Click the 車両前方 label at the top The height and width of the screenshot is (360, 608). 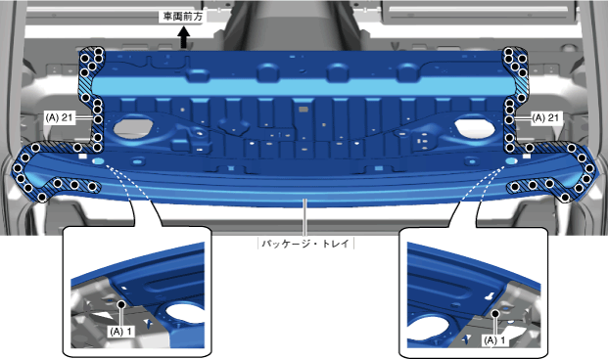(182, 17)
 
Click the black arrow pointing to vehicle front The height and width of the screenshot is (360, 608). (183, 39)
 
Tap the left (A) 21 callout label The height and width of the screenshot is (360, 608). (59, 117)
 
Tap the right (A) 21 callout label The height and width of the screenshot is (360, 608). (546, 117)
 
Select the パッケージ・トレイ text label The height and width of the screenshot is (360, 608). (305, 244)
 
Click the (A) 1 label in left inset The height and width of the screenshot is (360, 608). (120, 332)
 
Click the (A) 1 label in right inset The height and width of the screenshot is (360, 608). (494, 340)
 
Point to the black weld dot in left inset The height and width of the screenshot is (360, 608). (121, 304)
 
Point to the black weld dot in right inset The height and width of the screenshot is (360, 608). (495, 313)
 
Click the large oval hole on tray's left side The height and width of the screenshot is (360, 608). (132, 127)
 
